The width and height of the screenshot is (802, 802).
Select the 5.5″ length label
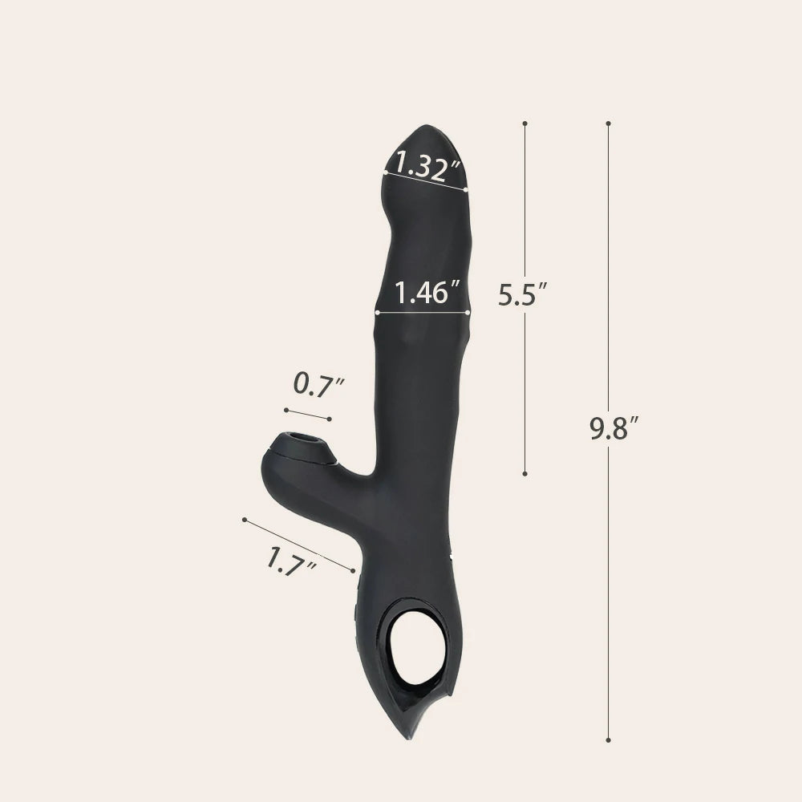[523, 294]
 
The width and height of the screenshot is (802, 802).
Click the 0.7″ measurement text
[318, 384]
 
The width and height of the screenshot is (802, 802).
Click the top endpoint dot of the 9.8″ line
[608, 124]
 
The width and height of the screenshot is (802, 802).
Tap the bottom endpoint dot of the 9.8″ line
[608, 740]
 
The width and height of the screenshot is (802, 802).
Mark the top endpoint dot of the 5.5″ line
[525, 124]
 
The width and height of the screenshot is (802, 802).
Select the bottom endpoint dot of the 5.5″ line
[525, 474]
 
